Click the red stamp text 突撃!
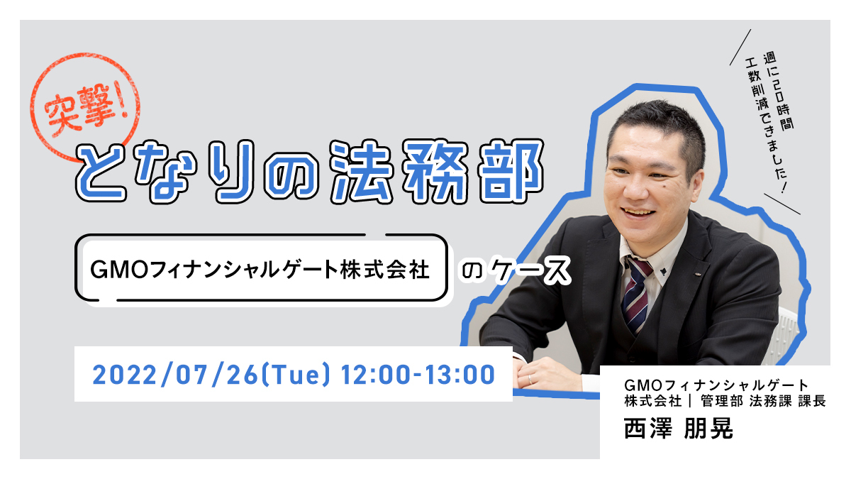(86, 109)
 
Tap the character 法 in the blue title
(360, 172)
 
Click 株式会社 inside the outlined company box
(384, 270)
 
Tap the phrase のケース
(515, 270)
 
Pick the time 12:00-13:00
(418, 375)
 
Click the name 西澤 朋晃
(679, 429)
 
